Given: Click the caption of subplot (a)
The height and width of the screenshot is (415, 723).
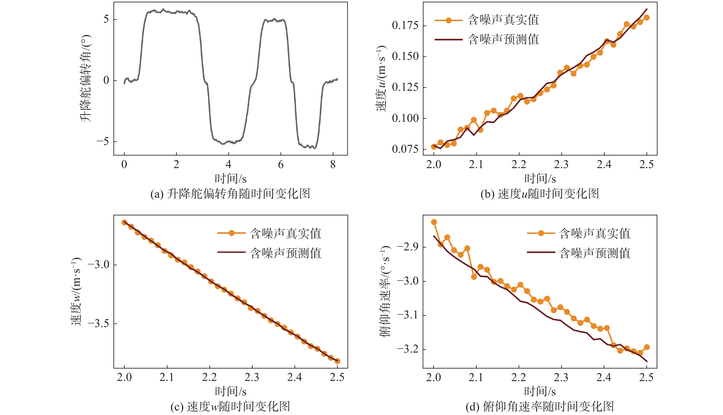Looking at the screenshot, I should tap(230, 194).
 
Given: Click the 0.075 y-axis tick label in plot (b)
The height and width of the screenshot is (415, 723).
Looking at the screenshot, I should tap(405, 149).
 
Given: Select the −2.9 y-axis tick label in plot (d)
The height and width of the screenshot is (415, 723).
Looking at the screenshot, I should tap(408, 247).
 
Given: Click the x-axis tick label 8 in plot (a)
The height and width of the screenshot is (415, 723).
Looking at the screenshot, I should tap(333, 164).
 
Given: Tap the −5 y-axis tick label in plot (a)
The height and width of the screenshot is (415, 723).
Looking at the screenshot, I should tap(103, 142).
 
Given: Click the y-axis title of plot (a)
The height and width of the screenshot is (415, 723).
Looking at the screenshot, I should tap(85, 79).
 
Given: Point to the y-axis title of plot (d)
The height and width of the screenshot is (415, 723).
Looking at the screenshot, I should tap(385, 291).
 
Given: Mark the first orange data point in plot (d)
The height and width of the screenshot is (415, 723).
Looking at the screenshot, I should tap(434, 222).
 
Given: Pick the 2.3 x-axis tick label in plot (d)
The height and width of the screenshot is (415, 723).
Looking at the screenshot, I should tap(561, 378).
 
